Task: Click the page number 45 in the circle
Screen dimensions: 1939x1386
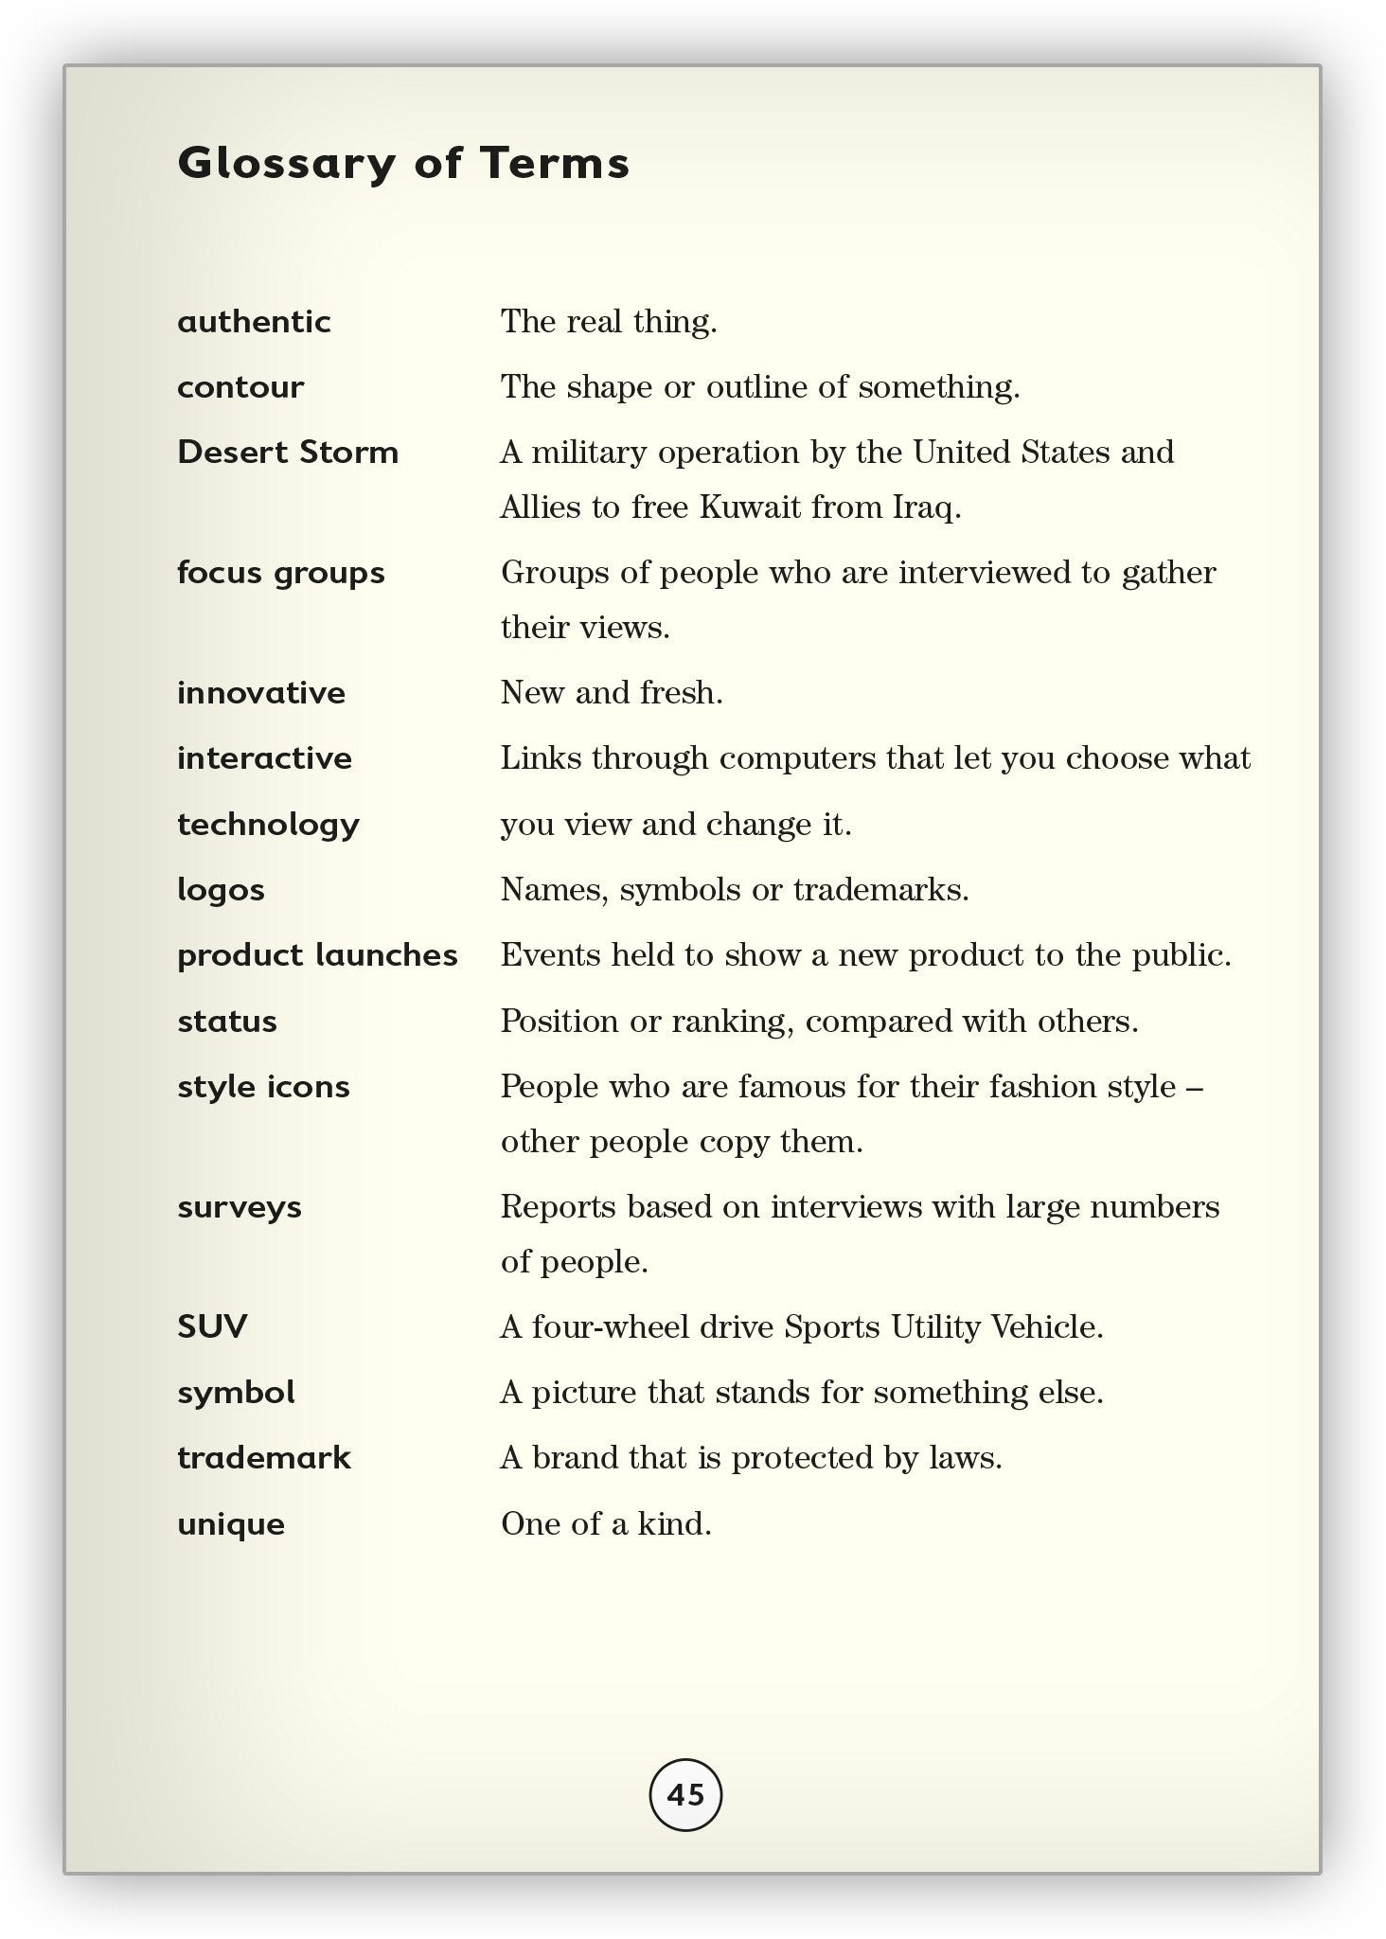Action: pos(685,1794)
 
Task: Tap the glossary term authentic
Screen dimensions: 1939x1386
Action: pos(254,322)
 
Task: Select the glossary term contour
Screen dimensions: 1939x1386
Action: pos(240,387)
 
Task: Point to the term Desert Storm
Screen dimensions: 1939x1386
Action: pos(288,453)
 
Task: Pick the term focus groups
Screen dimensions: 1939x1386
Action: pos(281,573)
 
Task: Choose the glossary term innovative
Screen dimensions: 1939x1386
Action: pos(261,693)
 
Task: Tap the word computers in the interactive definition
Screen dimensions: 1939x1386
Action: pos(797,758)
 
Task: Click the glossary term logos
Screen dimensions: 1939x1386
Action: pos(221,890)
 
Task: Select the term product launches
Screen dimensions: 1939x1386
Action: pos(317,955)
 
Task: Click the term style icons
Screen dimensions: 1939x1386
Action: pos(263,1087)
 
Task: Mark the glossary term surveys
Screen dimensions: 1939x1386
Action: pos(240,1207)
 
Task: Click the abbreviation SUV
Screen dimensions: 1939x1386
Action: pos(212,1326)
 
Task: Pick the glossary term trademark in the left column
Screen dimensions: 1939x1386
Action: pos(263,1457)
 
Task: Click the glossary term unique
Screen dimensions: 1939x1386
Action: pos(231,1524)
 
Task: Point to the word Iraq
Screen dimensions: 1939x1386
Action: pos(926,508)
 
